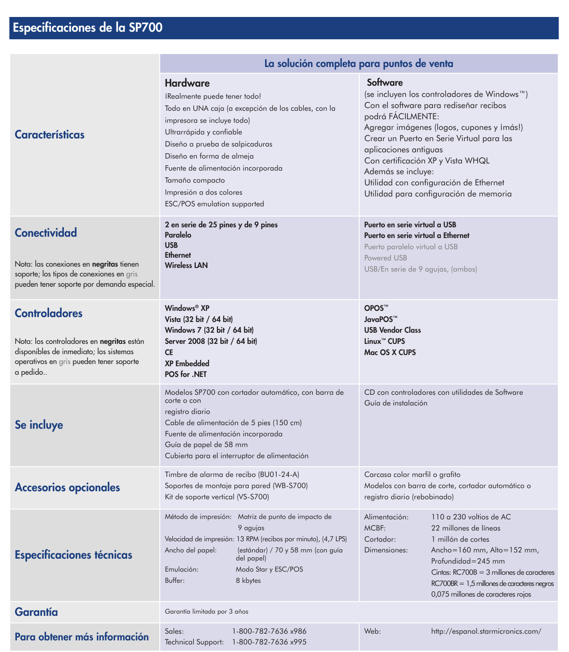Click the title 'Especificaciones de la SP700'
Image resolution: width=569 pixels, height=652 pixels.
88,28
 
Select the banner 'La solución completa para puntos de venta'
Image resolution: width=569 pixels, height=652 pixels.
358,64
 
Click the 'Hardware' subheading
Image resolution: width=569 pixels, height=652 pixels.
187,83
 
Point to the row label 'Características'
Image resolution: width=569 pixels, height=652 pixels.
50,135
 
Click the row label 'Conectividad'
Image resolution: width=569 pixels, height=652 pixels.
46,233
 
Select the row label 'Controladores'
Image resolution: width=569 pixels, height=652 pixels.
49,313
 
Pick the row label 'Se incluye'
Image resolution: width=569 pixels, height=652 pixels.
39,425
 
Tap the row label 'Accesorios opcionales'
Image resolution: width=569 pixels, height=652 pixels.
67,487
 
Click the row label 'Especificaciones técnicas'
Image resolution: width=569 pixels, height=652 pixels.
74,555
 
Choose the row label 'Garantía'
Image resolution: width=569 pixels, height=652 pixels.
36,612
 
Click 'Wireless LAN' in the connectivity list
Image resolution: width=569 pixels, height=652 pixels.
186,265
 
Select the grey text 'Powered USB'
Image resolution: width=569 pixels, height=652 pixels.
386,258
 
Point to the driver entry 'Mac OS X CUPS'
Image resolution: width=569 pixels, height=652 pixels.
390,352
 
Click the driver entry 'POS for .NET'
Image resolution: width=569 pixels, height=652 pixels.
186,374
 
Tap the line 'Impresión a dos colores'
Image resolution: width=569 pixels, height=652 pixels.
204,192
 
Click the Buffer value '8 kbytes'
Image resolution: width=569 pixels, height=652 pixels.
248,581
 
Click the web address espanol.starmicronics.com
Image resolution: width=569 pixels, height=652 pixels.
486,631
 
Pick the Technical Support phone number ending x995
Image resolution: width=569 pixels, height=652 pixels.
269,642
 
